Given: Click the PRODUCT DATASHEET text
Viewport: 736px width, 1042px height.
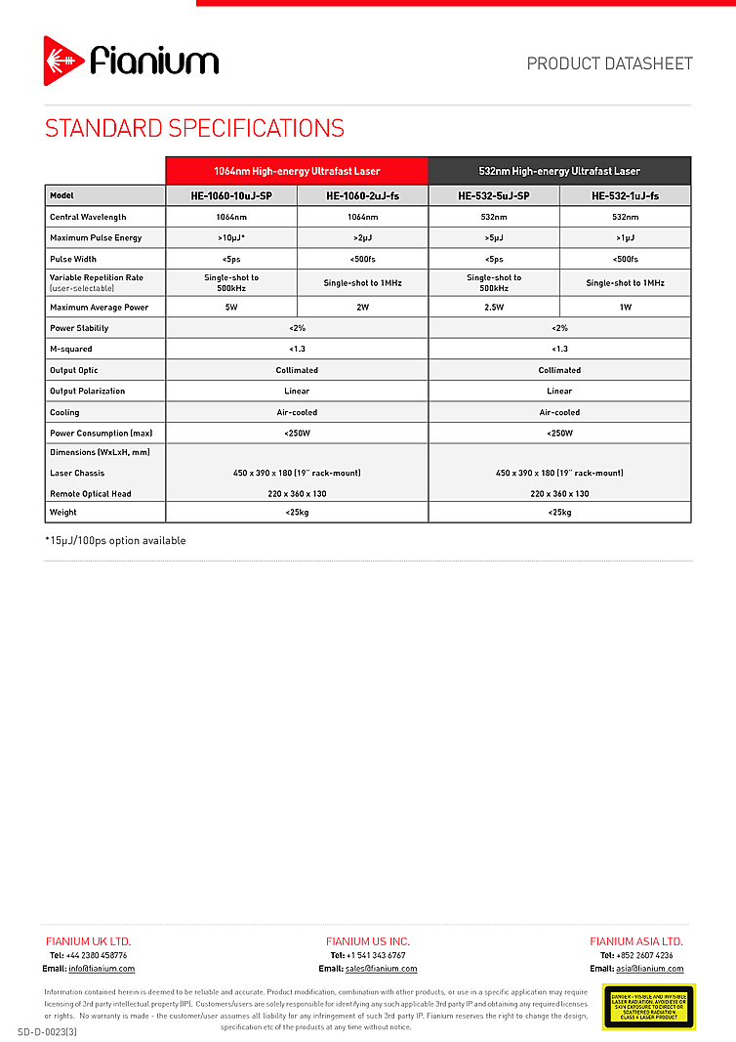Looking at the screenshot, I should (609, 63).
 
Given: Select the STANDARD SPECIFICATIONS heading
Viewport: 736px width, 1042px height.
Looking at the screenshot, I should (194, 129).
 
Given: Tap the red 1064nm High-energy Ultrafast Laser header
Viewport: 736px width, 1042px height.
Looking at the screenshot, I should (297, 171).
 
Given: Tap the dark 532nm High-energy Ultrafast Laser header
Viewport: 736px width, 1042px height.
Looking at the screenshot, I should (559, 171).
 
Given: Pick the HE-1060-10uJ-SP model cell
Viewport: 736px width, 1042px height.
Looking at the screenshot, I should (231, 195).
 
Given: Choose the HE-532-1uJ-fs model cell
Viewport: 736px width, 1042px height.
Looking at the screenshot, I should (625, 195).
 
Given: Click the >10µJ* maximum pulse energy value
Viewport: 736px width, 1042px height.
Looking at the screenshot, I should (231, 237).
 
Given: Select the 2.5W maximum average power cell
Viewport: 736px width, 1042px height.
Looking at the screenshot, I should (494, 308).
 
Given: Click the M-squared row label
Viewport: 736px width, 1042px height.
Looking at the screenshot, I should (72, 349).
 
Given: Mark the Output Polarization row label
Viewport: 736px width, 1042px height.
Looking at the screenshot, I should (87, 391).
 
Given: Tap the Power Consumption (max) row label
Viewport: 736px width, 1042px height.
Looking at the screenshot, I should (101, 433).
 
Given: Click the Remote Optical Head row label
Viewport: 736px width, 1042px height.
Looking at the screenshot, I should (90, 493).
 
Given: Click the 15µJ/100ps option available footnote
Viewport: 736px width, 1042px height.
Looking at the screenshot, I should (115, 540).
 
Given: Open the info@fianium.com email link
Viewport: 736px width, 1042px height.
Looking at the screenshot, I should (102, 969).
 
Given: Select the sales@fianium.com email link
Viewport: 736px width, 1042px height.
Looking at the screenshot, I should (381, 969).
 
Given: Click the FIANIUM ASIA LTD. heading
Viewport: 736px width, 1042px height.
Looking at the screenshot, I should (636, 941).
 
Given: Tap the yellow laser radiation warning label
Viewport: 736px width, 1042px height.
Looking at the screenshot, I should (648, 1006).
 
